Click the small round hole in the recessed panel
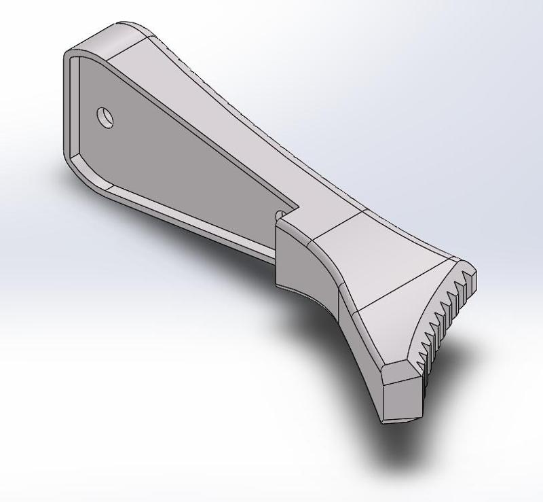(x=105, y=118)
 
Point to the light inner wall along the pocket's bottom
(x=176, y=217)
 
